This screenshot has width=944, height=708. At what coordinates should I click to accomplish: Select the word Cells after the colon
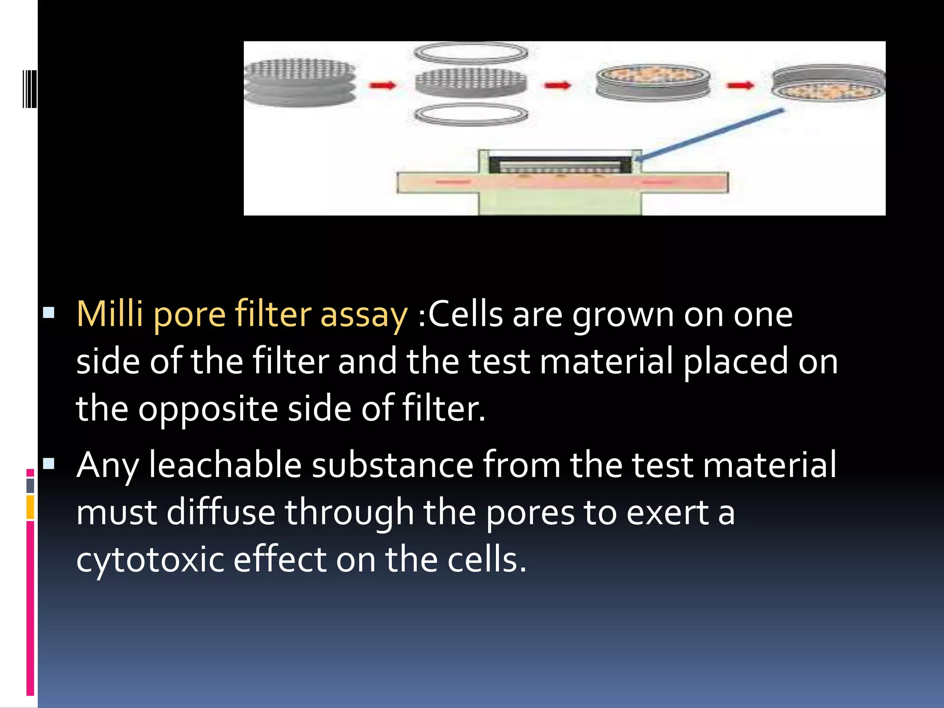(466, 314)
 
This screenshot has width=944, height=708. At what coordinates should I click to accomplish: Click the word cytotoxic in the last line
(150, 560)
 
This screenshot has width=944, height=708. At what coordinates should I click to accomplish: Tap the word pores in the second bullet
(530, 513)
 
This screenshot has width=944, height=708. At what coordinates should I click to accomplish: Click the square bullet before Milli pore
(48, 313)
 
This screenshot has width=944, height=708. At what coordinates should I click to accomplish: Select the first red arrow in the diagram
(382, 85)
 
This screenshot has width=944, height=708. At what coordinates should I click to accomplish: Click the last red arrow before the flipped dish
(740, 85)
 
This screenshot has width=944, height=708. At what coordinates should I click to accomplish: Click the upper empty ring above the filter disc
(471, 53)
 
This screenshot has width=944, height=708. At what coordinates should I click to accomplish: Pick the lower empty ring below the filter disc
(471, 115)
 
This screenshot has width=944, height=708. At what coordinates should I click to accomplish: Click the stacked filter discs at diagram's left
(300, 83)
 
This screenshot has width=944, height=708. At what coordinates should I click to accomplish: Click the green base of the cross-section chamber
(560, 203)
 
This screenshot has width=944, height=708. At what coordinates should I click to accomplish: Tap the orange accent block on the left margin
(30, 507)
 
